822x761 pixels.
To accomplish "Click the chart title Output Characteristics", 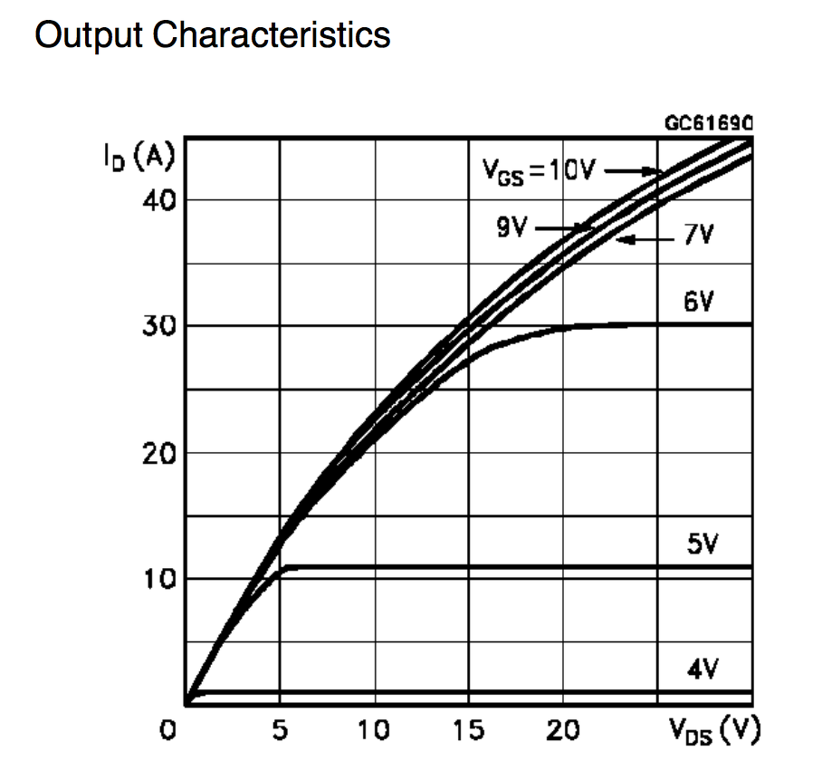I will (212, 35).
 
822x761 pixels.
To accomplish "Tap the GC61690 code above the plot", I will (710, 124).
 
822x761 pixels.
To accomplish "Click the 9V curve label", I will (512, 226).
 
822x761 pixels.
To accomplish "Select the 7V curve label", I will (698, 237).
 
